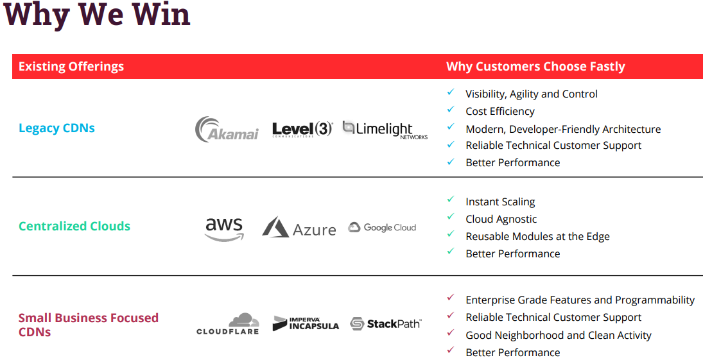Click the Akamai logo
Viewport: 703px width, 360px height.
pyautogui.click(x=227, y=129)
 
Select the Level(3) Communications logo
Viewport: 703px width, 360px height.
pyautogui.click(x=302, y=129)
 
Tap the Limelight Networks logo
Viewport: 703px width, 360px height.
pyautogui.click(x=385, y=129)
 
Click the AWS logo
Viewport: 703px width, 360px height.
pyautogui.click(x=225, y=228)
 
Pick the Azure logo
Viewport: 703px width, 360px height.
pyautogui.click(x=299, y=228)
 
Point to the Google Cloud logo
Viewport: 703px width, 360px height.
pyautogui.click(x=382, y=227)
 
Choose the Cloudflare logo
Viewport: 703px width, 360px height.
pyautogui.click(x=228, y=323)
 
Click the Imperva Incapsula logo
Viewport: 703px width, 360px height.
pyautogui.click(x=306, y=323)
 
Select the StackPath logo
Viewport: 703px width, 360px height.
pyautogui.click(x=385, y=323)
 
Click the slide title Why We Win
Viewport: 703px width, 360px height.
pyautogui.click(x=97, y=15)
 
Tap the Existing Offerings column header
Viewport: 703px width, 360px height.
pyautogui.click(x=71, y=66)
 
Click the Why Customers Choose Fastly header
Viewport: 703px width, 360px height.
pyautogui.click(x=535, y=66)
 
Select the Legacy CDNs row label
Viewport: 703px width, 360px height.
pyautogui.click(x=56, y=128)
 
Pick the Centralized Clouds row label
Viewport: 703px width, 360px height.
pyautogui.click(x=74, y=226)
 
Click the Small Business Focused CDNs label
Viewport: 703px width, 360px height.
pyautogui.click(x=88, y=325)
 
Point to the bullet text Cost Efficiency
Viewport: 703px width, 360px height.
pyautogui.click(x=500, y=111)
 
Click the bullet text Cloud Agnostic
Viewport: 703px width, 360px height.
pyautogui.click(x=501, y=219)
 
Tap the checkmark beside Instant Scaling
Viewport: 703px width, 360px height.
pyautogui.click(x=451, y=200)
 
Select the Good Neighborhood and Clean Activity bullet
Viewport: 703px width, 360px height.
pyautogui.click(x=559, y=335)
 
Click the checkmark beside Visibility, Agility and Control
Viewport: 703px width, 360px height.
pyautogui.click(x=451, y=92)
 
